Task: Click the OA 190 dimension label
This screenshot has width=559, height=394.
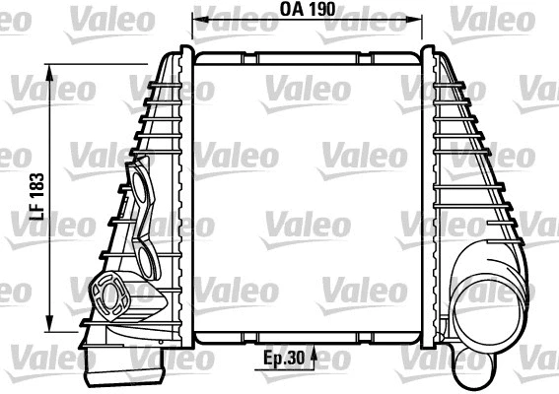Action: (307, 10)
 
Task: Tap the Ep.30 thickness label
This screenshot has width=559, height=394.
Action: (284, 361)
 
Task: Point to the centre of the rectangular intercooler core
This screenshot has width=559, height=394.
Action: (307, 197)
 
